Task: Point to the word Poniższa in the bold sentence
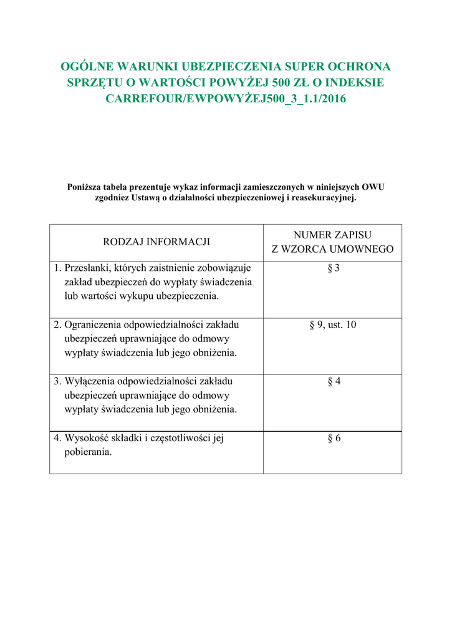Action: tap(84, 187)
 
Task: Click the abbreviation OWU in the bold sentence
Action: tap(373, 187)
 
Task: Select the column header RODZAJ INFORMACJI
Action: tap(156, 242)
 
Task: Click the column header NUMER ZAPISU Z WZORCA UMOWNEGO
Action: tap(332, 242)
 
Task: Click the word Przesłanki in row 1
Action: tap(88, 268)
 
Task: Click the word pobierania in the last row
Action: tap(88, 452)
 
